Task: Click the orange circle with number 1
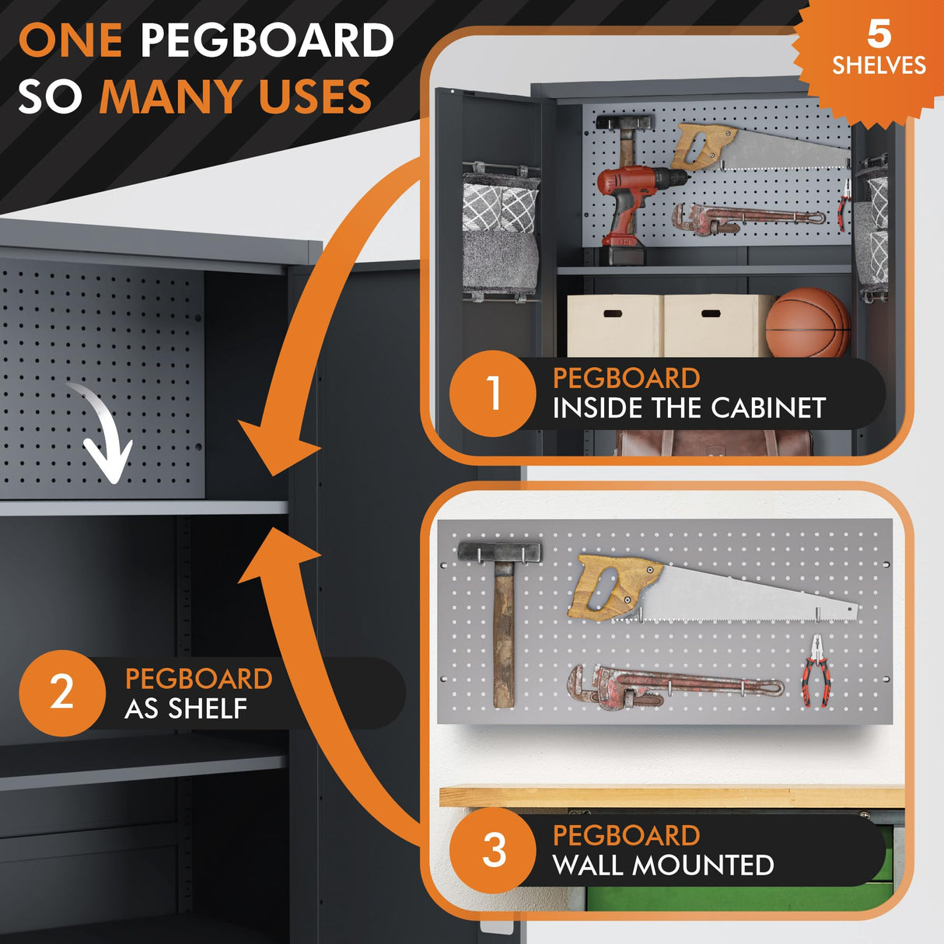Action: click(x=493, y=393)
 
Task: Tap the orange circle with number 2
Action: click(x=62, y=693)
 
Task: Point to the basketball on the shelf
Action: click(x=807, y=323)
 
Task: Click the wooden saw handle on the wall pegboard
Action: click(x=614, y=587)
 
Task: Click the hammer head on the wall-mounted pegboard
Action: click(x=500, y=552)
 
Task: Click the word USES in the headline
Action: click(x=315, y=96)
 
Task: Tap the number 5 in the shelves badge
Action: click(x=879, y=35)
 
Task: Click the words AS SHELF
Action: click(x=186, y=708)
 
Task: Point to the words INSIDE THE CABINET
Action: click(x=689, y=408)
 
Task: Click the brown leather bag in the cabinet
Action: click(x=713, y=443)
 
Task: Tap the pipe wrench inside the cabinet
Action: click(x=747, y=218)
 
